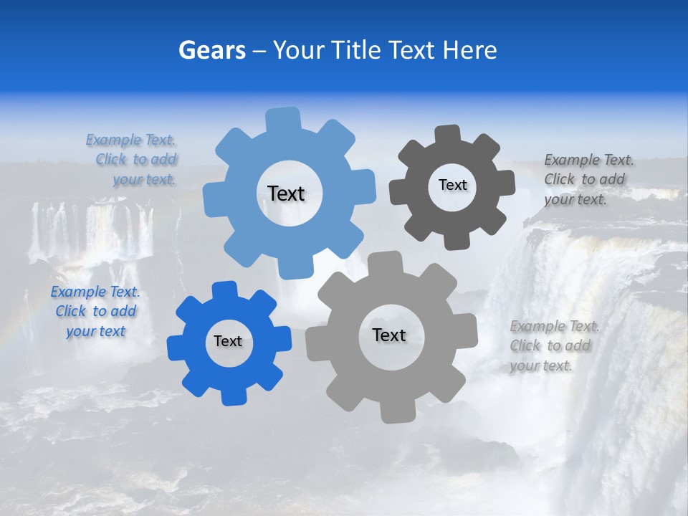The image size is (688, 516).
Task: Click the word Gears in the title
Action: [x=212, y=50]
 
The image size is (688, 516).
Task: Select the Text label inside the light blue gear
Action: [x=286, y=193]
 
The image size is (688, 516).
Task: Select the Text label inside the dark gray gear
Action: [x=452, y=185]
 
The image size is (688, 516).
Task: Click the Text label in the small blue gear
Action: [x=228, y=342]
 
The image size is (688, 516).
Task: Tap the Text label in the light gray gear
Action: [x=389, y=335]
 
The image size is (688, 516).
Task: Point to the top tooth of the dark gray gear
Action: [x=447, y=134]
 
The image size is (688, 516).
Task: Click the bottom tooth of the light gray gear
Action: [x=396, y=412]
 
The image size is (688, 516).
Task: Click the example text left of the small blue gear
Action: [x=95, y=312]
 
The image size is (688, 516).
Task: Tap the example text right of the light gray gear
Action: [x=553, y=346]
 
